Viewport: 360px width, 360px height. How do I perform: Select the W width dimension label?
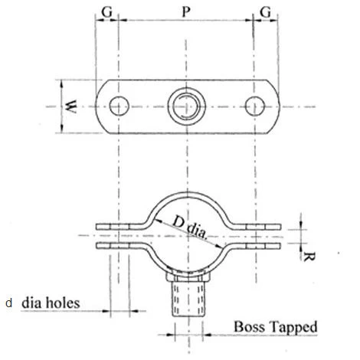coord(70,105)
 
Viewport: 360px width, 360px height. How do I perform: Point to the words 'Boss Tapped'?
coord(274,328)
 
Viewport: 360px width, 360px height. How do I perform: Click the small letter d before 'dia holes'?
coord(9,303)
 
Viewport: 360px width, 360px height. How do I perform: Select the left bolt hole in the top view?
coord(119,105)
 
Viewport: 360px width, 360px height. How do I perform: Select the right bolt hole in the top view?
coord(254,105)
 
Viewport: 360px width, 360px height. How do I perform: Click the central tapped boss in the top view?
coord(185,105)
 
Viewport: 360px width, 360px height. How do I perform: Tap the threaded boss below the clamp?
coord(185,300)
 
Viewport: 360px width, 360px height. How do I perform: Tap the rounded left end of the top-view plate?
coord(102,105)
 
